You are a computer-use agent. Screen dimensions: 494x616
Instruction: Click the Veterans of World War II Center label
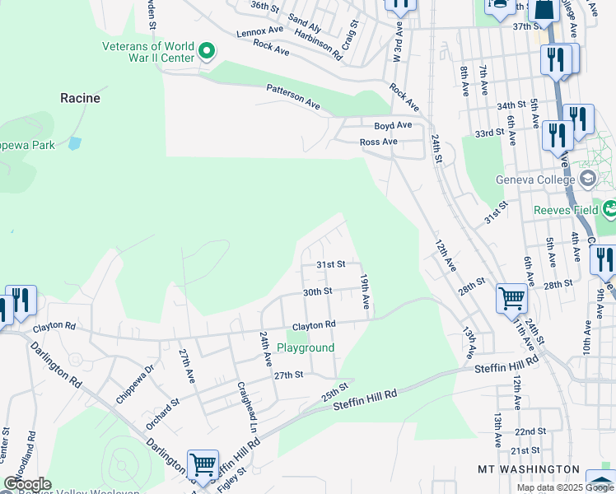click(x=148, y=52)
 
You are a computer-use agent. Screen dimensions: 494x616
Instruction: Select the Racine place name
click(x=80, y=98)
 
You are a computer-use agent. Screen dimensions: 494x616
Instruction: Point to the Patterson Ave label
click(x=292, y=96)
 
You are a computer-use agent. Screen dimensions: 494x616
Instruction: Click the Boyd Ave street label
click(x=393, y=125)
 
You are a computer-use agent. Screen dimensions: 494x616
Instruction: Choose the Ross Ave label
click(x=379, y=142)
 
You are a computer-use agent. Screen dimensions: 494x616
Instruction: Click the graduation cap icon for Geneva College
click(x=588, y=178)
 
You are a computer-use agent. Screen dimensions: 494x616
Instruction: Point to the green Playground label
click(x=306, y=348)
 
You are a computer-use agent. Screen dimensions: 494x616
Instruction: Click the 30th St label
click(x=317, y=291)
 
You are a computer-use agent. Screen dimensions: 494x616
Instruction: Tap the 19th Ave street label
click(x=363, y=293)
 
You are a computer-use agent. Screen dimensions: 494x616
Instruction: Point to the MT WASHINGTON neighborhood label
click(x=528, y=468)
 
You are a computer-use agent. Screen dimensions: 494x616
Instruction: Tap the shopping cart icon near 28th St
click(x=511, y=297)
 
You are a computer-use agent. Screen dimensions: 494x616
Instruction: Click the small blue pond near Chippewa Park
click(x=75, y=143)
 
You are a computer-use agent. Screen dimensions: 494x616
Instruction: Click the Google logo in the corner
click(x=27, y=484)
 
